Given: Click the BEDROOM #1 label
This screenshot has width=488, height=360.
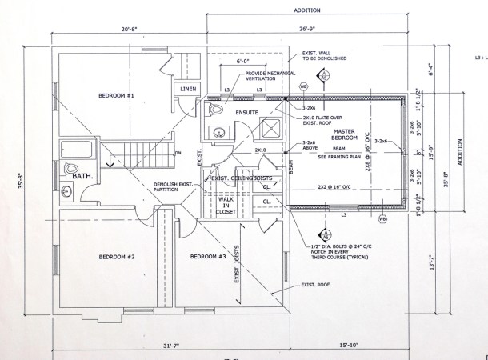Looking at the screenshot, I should pos(117,95).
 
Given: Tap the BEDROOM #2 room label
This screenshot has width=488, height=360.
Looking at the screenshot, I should pos(117,257).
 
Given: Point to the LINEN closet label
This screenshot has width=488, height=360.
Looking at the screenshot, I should pos(188,89).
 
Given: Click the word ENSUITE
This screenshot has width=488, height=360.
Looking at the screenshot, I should pos(246,113).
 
